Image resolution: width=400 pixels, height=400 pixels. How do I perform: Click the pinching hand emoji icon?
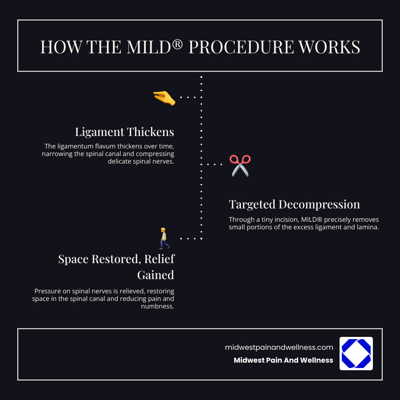click(164, 97)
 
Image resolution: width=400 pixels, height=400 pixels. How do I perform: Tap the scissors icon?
click(240, 165)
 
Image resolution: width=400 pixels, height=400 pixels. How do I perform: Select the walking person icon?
click(164, 238)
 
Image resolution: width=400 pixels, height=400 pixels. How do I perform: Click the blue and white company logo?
click(356, 353)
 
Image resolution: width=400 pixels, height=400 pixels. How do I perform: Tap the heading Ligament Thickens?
click(124, 132)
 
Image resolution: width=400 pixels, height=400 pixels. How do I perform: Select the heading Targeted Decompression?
click(294, 204)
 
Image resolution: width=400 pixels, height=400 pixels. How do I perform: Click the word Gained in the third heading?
click(156, 275)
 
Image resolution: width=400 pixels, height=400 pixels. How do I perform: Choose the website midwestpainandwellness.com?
click(279, 348)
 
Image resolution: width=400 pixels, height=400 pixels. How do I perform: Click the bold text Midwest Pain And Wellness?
click(283, 360)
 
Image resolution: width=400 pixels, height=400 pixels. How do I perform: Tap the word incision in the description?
click(283, 220)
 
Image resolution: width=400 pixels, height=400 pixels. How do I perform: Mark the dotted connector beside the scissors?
click(215, 164)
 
